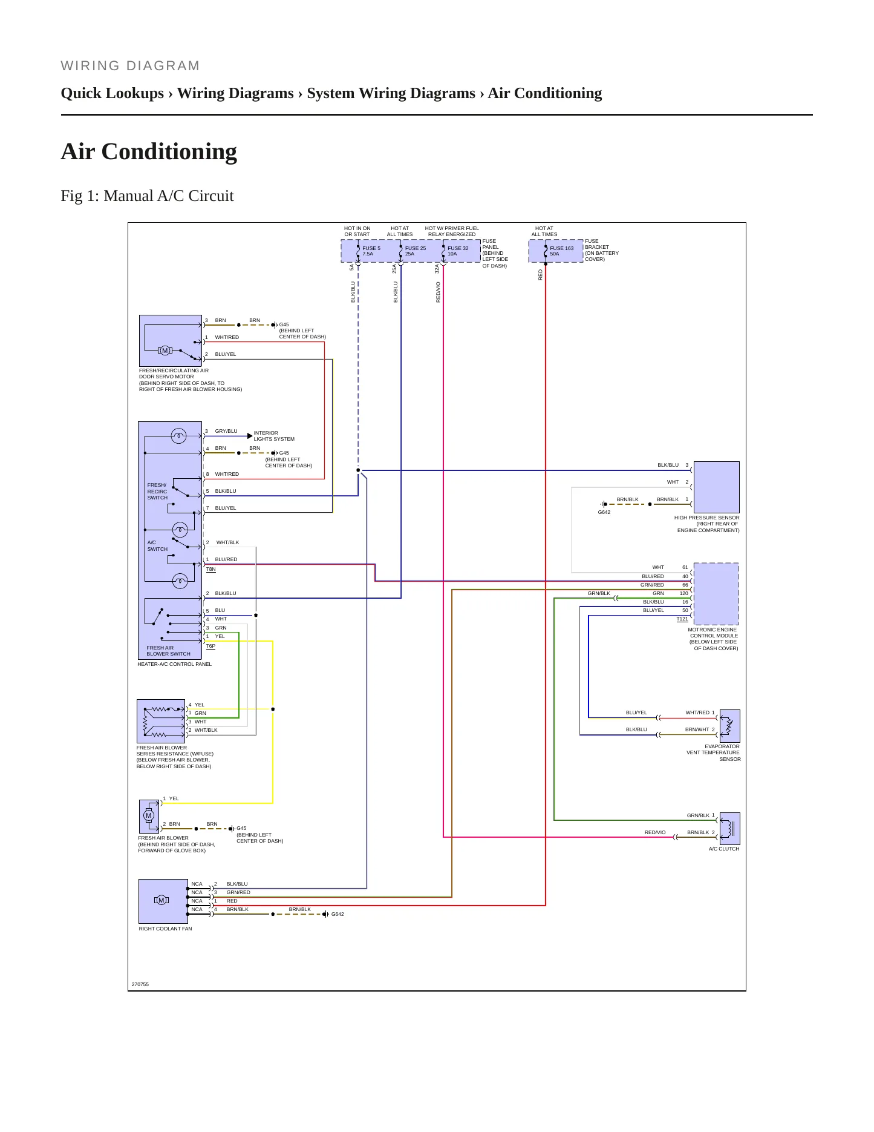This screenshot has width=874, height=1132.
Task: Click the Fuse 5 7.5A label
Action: [371, 251]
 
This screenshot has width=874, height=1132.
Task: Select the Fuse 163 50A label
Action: [561, 251]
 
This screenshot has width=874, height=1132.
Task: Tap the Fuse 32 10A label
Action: [458, 251]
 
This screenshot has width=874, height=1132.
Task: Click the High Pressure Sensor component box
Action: [717, 487]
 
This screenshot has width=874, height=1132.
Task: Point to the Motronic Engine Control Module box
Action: [716, 594]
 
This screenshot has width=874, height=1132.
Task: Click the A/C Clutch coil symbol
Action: [730, 829]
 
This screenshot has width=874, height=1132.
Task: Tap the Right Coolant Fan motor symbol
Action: [161, 900]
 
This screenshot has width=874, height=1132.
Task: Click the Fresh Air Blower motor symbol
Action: [149, 815]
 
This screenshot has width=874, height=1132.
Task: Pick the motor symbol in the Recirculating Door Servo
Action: [165, 350]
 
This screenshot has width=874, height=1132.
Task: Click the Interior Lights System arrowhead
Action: [250, 436]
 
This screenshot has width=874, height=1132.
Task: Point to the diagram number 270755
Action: [140, 984]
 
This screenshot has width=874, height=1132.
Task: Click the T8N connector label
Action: [211, 570]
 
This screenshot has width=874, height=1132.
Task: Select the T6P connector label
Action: [211, 647]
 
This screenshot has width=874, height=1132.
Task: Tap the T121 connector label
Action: [682, 619]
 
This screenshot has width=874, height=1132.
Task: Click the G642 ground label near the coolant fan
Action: [338, 914]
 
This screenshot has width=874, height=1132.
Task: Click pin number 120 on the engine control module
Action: [683, 593]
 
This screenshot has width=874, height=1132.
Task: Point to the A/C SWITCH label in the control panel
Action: [157, 546]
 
